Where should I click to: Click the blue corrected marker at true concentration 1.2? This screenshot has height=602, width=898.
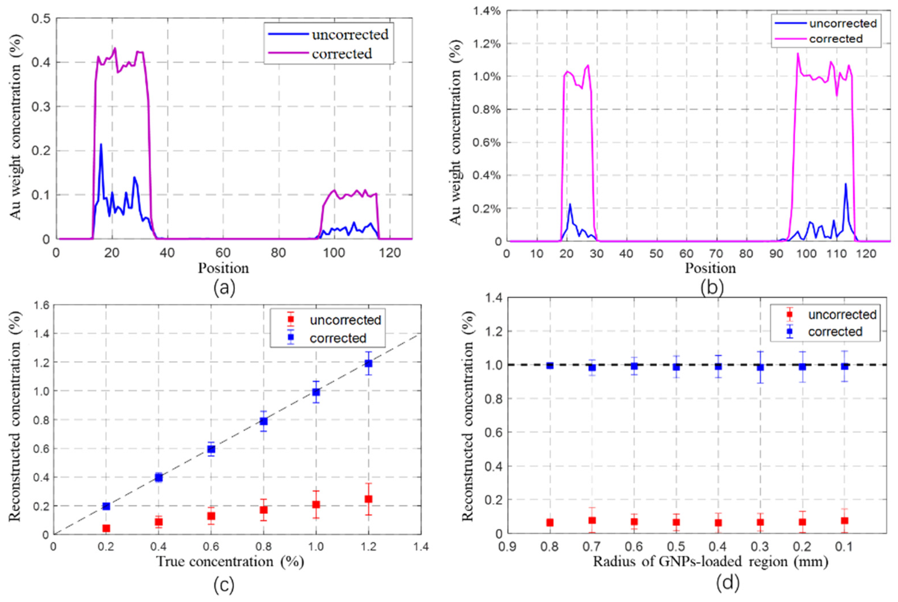coord(369,363)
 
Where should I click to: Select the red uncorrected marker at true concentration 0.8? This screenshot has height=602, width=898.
coord(263,510)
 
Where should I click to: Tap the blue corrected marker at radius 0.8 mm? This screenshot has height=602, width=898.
coord(550,365)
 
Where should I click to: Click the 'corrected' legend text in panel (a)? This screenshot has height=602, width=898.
coord(342,54)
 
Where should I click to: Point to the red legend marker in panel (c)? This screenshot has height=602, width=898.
coord(291,319)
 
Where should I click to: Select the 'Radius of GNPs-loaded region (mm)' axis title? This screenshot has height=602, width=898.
coord(710,562)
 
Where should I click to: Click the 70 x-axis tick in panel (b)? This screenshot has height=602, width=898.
coord(716,254)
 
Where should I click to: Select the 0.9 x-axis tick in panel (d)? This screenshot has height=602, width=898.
coord(507,546)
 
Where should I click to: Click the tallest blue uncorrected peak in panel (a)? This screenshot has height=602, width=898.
coord(101,144)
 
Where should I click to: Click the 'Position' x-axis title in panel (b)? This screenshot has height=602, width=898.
coord(710,268)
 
